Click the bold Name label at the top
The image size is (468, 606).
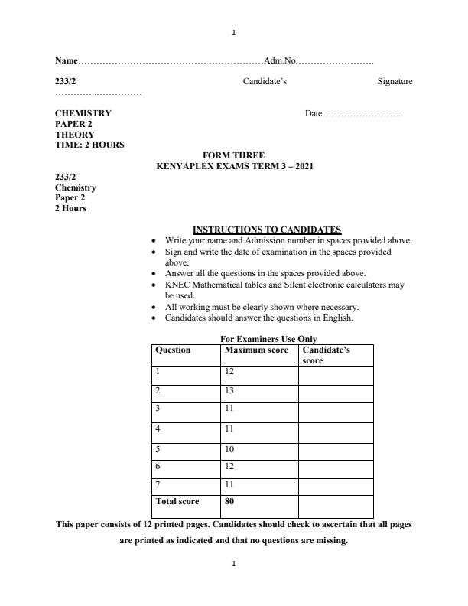click(67, 60)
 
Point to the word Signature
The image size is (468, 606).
click(395, 81)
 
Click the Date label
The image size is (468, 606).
click(314, 113)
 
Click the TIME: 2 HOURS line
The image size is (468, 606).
click(89, 145)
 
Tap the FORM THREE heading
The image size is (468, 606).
click(233, 155)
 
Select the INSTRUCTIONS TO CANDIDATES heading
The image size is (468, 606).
click(267, 230)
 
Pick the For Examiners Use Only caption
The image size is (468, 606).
click(268, 339)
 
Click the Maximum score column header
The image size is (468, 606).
click(256, 350)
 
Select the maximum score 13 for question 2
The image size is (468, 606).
click(229, 390)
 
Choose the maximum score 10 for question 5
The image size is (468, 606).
click(229, 448)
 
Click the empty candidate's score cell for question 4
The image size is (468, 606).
click(336, 429)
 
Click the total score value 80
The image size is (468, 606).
click(229, 502)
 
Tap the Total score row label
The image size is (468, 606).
click(177, 502)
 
